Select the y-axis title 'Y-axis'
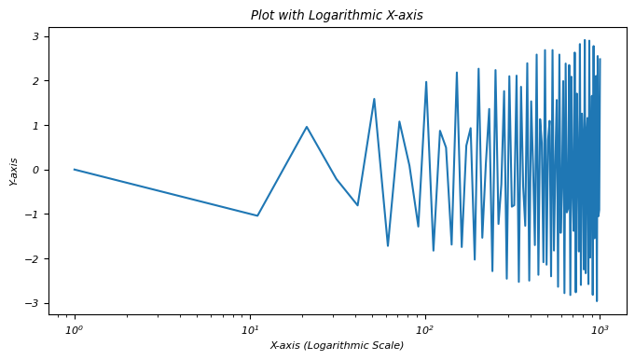14,171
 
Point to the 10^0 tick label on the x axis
74,330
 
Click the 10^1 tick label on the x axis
250,330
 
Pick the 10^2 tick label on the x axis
425,330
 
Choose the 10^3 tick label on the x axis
600,330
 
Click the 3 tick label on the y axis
35,37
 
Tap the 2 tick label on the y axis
35,81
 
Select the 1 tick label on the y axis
35,126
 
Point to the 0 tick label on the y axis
35,170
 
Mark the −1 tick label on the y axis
32,215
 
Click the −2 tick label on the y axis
32,258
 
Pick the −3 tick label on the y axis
32,303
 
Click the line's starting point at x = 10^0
74,169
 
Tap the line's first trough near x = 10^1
257,215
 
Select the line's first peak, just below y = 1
307,127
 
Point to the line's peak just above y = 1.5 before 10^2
374,99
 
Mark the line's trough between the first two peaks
357,205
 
